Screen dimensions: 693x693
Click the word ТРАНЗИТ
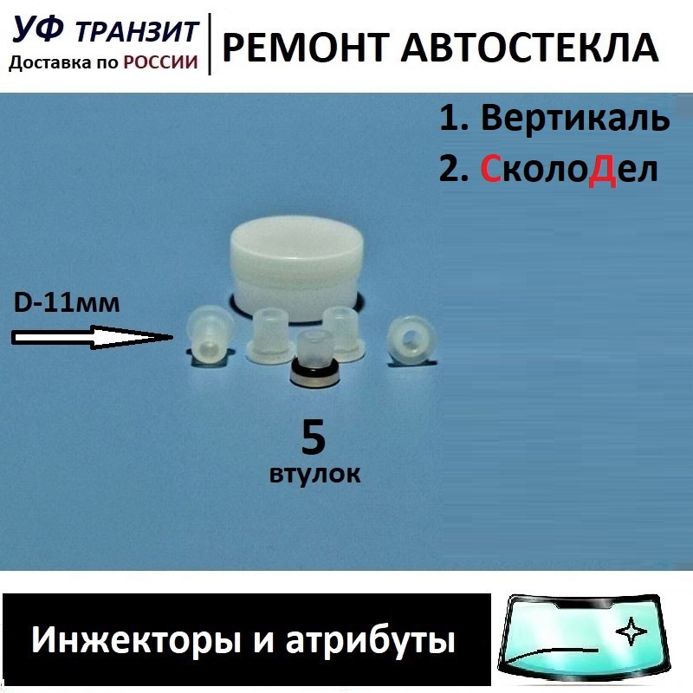click(139, 32)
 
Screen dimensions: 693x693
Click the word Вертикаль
click(575, 119)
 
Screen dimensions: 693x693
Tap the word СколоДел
click(569, 169)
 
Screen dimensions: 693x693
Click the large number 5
click(313, 438)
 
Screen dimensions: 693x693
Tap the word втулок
click(313, 474)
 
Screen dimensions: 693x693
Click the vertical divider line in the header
click(211, 43)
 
